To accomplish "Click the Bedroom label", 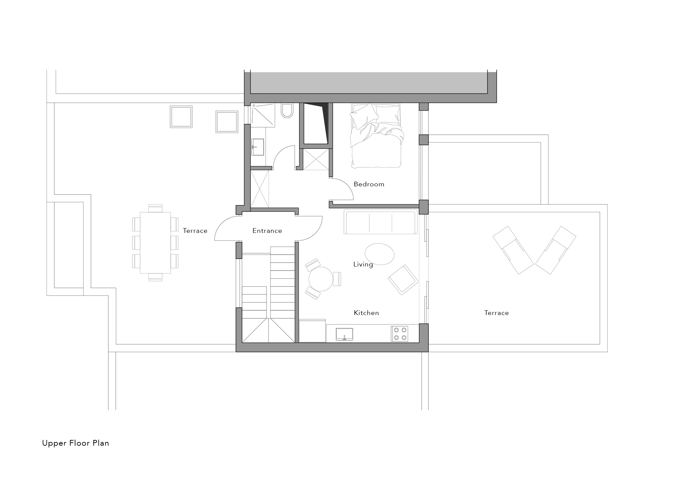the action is pos(369,184).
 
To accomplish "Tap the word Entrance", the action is pos(267,231).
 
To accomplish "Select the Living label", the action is pos(363,264).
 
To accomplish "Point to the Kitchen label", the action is pos(366,313).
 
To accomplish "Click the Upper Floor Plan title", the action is pos(76,443).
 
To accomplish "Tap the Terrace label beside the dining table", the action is pos(195,231).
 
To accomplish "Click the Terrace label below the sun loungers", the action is pos(496,313).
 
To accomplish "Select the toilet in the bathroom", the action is pos(287,111).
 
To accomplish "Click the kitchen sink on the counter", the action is pos(344,334).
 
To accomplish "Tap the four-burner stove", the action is pos(400,334).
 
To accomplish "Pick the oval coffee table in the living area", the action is pos(380,254).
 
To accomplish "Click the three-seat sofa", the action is pos(381,222).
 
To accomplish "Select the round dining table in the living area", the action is pos(321,279).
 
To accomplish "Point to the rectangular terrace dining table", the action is pos(155,242).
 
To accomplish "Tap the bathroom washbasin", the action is pos(258,147).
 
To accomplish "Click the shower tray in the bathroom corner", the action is pos(263,115).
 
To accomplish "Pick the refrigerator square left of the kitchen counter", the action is pos(312,331).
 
